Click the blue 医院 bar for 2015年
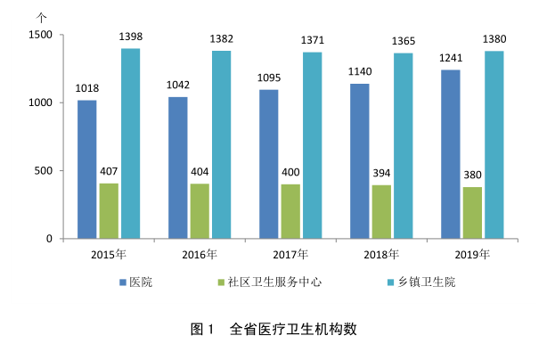pos(86,169)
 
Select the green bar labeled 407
pos(108,211)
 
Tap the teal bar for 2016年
pos(221,144)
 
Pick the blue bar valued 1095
pos(268,164)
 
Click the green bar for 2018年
pos(380,212)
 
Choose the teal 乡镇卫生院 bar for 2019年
pos(494,144)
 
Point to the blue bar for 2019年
pos(450,154)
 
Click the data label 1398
pos(131,37)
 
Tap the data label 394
pos(381,173)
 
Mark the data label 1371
pos(312,41)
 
